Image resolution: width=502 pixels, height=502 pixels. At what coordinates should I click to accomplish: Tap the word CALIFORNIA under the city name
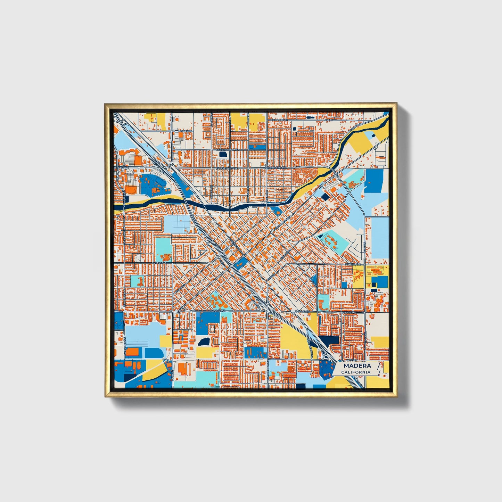[x=356, y=372]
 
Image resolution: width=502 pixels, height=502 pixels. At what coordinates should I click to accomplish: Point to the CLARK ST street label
[x=186, y=131]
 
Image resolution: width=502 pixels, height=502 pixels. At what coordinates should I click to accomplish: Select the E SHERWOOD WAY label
[x=228, y=149]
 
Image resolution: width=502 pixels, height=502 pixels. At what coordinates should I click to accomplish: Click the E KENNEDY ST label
[x=280, y=120]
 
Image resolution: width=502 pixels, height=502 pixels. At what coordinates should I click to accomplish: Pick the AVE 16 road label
[x=329, y=120]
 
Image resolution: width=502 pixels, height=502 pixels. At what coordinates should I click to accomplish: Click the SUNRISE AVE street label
[x=351, y=264]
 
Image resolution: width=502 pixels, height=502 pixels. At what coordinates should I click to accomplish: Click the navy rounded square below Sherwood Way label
[x=223, y=154]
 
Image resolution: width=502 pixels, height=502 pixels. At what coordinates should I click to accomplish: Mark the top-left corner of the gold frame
[x=105, y=104]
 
